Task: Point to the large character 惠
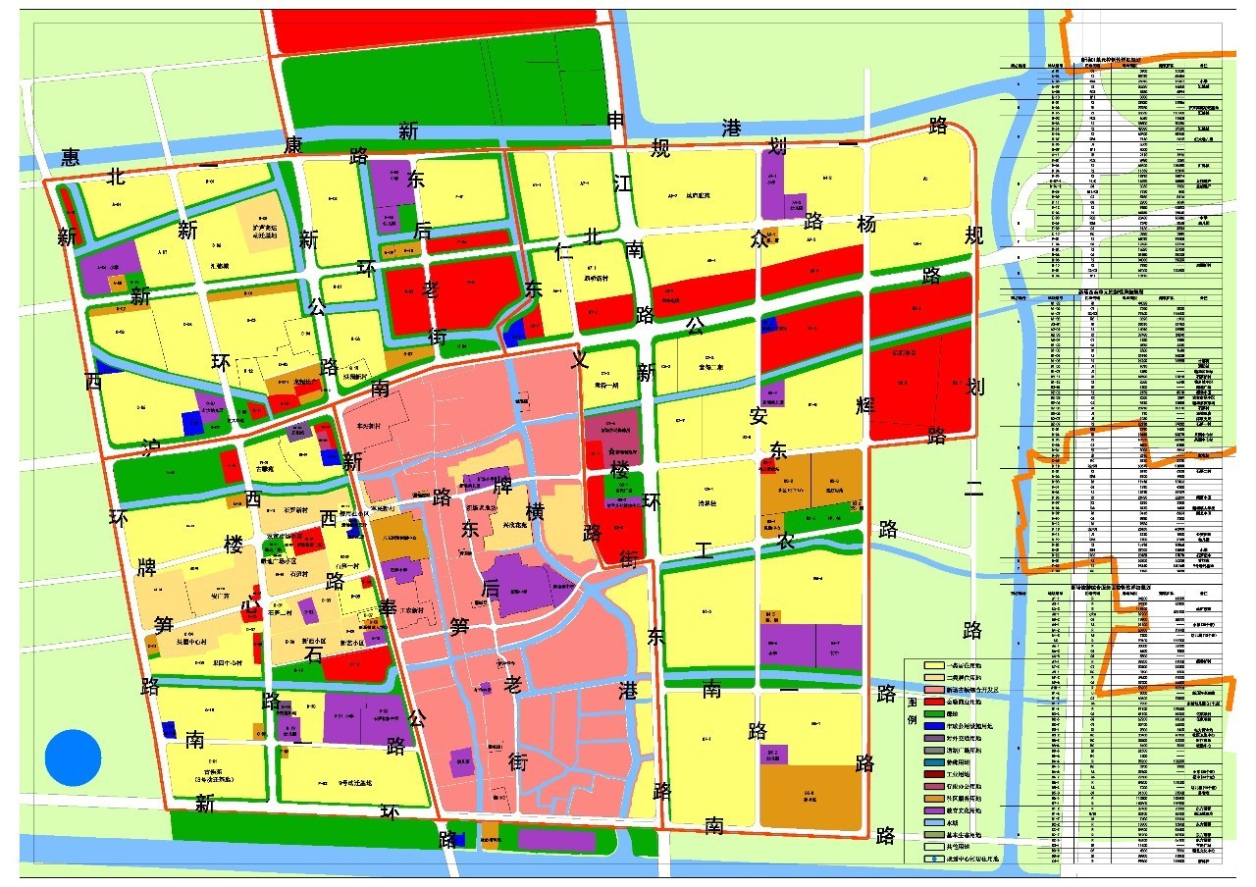point(70,157)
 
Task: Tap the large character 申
point(616,121)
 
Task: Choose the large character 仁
point(563,250)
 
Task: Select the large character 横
point(534,513)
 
